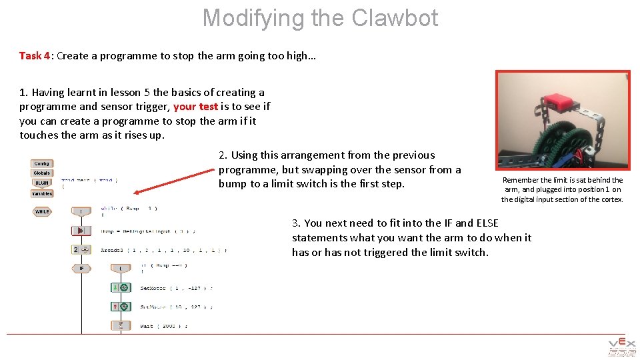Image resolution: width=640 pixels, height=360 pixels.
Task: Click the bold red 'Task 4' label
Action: pyautogui.click(x=35, y=56)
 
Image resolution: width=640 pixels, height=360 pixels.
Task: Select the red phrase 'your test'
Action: pyautogui.click(x=195, y=107)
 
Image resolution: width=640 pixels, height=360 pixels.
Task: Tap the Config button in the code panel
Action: pyautogui.click(x=41, y=163)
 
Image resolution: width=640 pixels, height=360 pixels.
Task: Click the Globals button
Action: pyautogui.click(x=41, y=173)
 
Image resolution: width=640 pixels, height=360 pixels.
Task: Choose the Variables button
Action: pyautogui.click(x=41, y=193)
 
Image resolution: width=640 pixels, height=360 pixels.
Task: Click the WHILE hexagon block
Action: pyautogui.click(x=42, y=212)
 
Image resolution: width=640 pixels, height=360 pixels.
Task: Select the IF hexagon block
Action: pyautogui.click(x=81, y=268)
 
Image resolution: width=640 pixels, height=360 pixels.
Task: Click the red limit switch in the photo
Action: pyautogui.click(x=561, y=102)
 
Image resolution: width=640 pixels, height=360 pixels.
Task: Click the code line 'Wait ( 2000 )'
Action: pyautogui.click(x=164, y=326)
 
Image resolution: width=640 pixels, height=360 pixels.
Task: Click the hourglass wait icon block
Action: pyautogui.click(x=121, y=325)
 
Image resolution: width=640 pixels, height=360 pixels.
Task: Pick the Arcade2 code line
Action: pyautogui.click(x=163, y=250)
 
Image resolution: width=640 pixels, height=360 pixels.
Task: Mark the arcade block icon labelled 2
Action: pyautogui.click(x=81, y=249)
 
